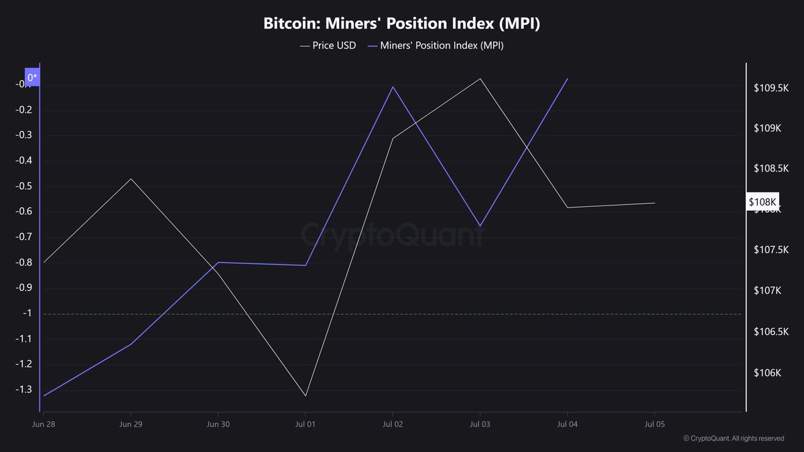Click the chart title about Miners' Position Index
click(x=401, y=23)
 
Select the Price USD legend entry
click(x=328, y=46)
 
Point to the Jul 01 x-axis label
click(x=306, y=424)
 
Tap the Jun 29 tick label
click(x=131, y=424)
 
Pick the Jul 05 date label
click(x=654, y=424)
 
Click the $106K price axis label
click(x=767, y=373)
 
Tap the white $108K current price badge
click(x=762, y=202)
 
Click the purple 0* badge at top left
click(x=33, y=78)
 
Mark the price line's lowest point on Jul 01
click(x=306, y=396)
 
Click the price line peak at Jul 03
click(x=480, y=78)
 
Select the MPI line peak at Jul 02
click(x=393, y=86)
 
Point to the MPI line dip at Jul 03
click(x=480, y=226)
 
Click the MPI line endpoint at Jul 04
click(x=567, y=78)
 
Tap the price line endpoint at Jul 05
click(x=655, y=203)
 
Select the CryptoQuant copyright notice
click(x=734, y=439)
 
